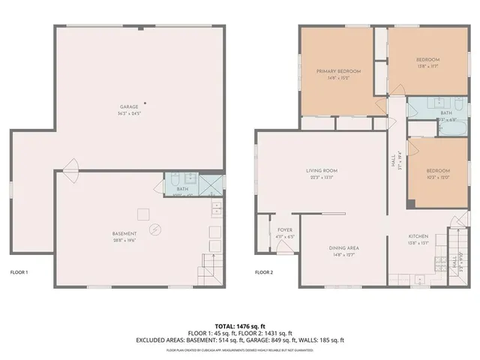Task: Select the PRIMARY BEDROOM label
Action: coord(338,71)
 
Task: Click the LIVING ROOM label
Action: coord(321,171)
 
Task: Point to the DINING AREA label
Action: coord(343,247)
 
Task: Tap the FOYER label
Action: coord(285,230)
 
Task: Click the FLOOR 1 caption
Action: coord(19,272)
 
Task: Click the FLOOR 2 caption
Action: coord(264,272)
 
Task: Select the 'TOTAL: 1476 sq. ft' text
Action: coord(239,324)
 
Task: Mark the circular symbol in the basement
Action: coord(155,229)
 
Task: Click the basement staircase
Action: coord(210,266)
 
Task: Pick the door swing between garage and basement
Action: coord(70,166)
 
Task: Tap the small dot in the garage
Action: coord(145,103)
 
